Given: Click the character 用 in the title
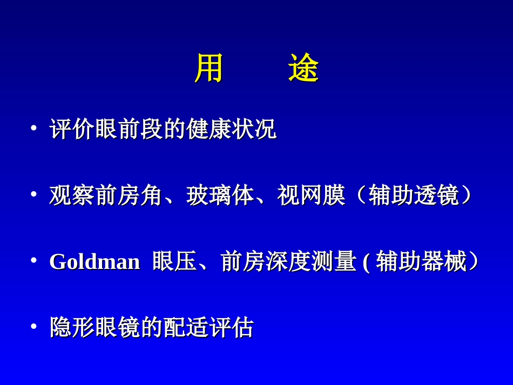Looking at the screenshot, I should coord(208,69).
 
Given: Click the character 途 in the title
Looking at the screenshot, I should coord(303,69).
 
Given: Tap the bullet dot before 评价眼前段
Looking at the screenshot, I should coord(33,129).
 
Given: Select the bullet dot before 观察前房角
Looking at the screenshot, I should coord(33,194).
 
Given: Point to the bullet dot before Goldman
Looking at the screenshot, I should coord(33,261).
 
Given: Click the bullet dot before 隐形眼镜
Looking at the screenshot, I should coord(33,327).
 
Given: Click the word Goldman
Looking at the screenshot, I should coord(94,262).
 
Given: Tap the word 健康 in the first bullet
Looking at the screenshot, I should coord(208,130).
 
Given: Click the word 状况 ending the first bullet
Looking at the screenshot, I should coord(254,130).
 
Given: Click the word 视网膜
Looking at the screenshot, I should coord(311,195).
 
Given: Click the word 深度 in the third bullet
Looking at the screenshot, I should coord(288,262).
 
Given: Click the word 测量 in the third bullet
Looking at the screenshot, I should coord(334,262).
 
